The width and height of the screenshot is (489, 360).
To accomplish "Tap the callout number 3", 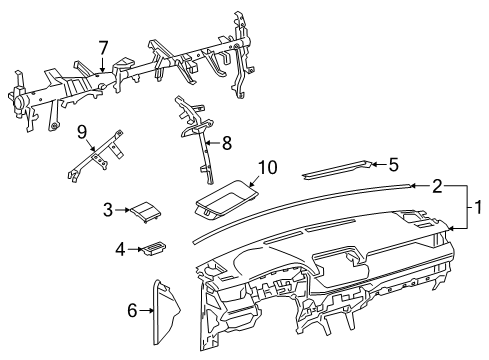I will (x=107, y=209).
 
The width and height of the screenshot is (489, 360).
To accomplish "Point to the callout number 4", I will (x=120, y=248).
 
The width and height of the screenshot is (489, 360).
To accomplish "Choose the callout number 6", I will (x=129, y=311).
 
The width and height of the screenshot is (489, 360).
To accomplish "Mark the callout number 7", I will (x=103, y=48).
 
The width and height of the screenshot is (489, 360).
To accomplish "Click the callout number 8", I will (x=226, y=143).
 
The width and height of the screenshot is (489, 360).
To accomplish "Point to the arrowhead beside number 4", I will (x=139, y=248).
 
